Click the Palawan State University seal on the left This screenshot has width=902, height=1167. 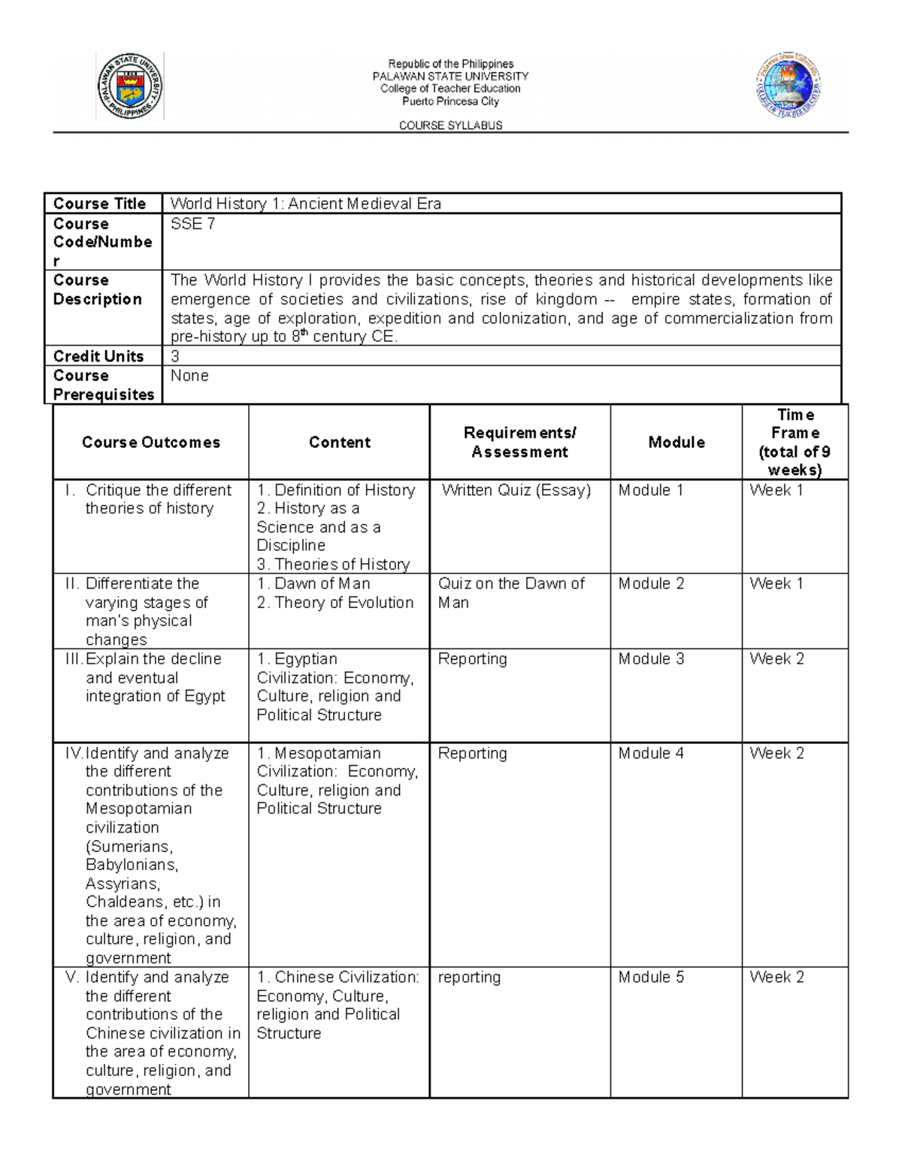tap(130, 86)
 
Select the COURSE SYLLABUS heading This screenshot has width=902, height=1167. tap(450, 125)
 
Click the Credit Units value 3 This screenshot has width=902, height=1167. tap(175, 356)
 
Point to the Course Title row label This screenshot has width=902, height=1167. tap(99, 204)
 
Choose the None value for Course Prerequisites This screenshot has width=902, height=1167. tap(189, 376)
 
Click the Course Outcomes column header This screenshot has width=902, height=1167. tap(151, 443)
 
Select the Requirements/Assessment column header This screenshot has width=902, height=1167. tap(519, 443)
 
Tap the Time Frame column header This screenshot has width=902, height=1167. tap(795, 443)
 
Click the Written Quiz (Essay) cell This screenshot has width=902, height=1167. tap(516, 491)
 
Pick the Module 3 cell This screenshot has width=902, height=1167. tap(651, 659)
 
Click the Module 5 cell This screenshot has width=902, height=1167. tap(651, 977)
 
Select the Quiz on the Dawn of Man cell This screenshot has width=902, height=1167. tap(511, 593)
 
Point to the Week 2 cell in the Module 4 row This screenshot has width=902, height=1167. tap(776, 753)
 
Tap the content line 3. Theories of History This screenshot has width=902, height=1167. tap(333, 564)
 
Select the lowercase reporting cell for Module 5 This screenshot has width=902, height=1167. tap(469, 977)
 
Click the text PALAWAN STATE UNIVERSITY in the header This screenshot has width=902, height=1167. tap(450, 77)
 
